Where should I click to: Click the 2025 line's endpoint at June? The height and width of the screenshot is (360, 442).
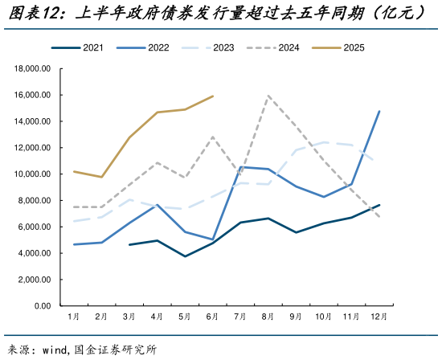coord(212,96)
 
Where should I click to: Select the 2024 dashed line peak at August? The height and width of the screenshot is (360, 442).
coord(268,96)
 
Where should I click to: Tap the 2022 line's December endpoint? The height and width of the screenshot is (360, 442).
coord(379,112)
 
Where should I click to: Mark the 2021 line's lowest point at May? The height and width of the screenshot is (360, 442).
coord(185,256)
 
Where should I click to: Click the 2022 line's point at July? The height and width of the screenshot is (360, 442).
coord(240,167)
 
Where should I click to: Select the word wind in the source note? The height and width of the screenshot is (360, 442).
coord(55,350)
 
